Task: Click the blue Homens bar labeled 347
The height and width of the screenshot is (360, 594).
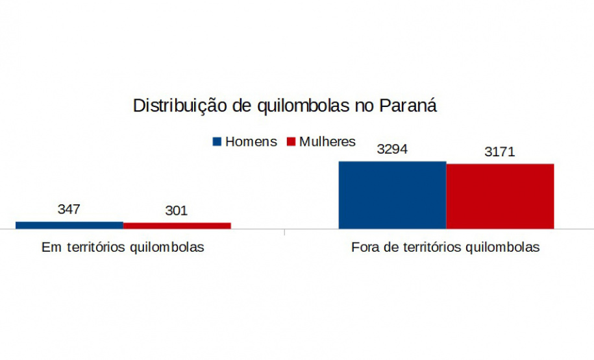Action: [x=69, y=225]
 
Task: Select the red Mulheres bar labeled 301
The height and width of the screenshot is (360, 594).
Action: [x=177, y=226]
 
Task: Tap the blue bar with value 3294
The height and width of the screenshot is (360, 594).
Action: [x=393, y=195]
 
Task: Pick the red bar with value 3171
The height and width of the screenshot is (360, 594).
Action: [x=500, y=196]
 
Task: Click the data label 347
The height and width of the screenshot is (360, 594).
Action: [x=69, y=209]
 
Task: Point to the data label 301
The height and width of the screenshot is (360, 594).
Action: [x=176, y=210]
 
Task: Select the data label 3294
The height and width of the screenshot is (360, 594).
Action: [x=392, y=149]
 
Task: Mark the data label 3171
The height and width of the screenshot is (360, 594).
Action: [x=500, y=151]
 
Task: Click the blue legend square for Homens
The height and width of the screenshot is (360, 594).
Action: [x=217, y=141]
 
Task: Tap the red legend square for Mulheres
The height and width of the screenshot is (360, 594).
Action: [x=291, y=141]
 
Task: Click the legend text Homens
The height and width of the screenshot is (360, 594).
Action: [x=251, y=141]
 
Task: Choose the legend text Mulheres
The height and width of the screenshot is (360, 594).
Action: [x=327, y=141]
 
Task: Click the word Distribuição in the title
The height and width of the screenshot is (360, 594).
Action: [x=180, y=106]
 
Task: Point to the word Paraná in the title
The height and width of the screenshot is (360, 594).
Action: [x=408, y=105]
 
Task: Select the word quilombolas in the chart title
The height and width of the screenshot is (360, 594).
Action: [x=303, y=106]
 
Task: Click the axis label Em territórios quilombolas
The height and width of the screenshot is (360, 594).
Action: [x=123, y=247]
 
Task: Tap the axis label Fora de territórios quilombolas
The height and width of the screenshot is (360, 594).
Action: [x=445, y=247]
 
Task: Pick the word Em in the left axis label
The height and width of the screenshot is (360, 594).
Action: [x=51, y=247]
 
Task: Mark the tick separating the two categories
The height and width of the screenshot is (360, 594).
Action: [x=285, y=232]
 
